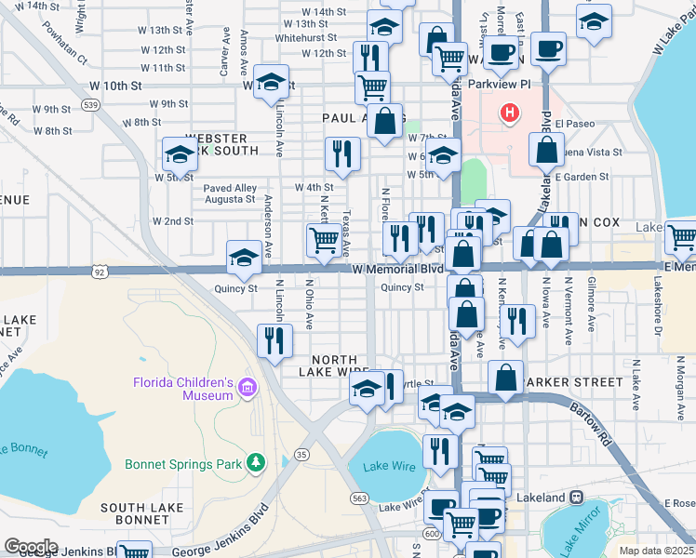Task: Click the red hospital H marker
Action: [509, 114]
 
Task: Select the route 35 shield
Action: [301, 454]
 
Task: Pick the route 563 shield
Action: [358, 498]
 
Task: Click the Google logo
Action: [31, 546]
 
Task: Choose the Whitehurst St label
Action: [311, 38]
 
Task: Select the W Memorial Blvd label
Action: [397, 269]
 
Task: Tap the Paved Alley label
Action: [230, 189]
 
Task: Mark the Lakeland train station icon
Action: [577, 498]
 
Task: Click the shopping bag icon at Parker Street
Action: [505, 378]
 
